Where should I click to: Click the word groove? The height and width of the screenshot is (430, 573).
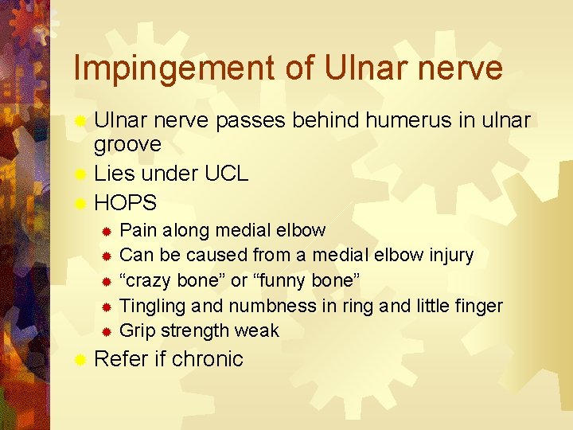(x=127, y=144)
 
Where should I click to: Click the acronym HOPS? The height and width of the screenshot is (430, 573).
(x=126, y=201)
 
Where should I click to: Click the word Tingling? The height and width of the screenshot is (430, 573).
(x=152, y=306)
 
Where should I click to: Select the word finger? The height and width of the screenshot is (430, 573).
(x=477, y=306)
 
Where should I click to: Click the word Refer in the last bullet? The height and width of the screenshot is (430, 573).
(x=120, y=359)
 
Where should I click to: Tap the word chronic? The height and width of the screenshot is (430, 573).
(x=208, y=359)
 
